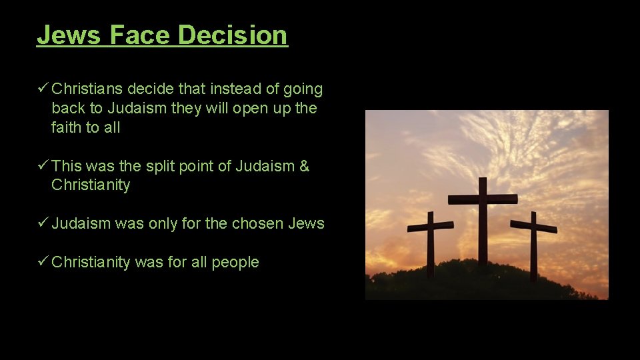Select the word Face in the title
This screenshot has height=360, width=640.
click(140, 35)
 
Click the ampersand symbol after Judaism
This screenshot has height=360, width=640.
click(304, 166)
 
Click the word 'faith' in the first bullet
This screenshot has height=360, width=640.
click(67, 127)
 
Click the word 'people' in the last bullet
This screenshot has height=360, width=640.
click(235, 262)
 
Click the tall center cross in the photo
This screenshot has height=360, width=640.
click(482, 227)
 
